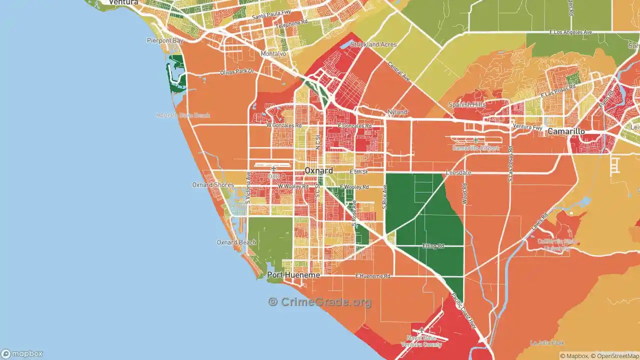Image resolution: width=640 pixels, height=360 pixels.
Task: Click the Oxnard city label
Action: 318,171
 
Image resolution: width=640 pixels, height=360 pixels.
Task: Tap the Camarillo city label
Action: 566,131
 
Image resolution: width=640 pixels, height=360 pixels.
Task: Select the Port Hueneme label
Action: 293,275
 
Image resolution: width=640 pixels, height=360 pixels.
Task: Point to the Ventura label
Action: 123,2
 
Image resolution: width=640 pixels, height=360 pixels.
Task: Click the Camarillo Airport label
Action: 475,148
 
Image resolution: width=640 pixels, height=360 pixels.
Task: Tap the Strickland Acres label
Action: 373,44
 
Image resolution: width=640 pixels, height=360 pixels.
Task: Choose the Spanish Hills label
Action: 466,104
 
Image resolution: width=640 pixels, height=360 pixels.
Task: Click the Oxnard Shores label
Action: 213,185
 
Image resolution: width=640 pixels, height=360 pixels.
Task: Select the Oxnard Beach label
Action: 236,242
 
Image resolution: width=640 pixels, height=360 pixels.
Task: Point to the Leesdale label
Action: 458,172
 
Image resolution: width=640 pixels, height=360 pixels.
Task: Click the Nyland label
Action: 397,112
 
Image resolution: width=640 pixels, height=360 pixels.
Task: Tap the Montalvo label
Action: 273,53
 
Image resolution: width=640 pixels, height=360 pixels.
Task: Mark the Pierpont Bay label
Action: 164,40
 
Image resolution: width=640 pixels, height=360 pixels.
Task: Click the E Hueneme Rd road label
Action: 372,276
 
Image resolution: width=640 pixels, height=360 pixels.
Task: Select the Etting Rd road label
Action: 433,246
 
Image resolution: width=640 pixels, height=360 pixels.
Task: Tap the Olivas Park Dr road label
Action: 237,72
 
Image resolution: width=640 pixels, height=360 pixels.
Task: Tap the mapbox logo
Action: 21,353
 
